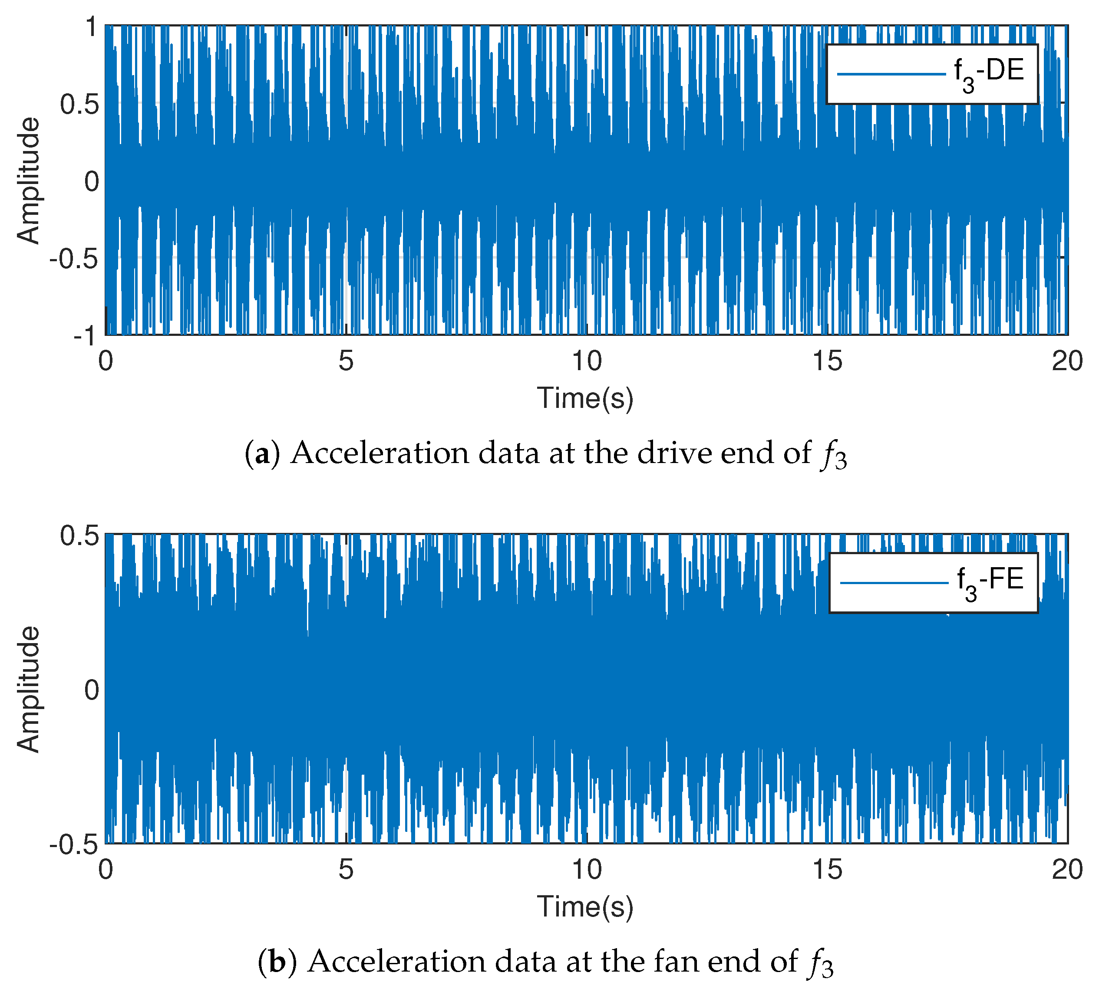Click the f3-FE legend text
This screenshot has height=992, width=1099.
click(990, 582)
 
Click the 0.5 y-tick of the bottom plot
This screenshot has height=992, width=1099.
click(79, 536)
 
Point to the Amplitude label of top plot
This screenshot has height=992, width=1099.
click(28, 181)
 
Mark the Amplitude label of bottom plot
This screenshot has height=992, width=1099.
click(28, 689)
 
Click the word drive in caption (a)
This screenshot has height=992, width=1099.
click(674, 453)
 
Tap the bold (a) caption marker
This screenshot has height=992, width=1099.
click(262, 453)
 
